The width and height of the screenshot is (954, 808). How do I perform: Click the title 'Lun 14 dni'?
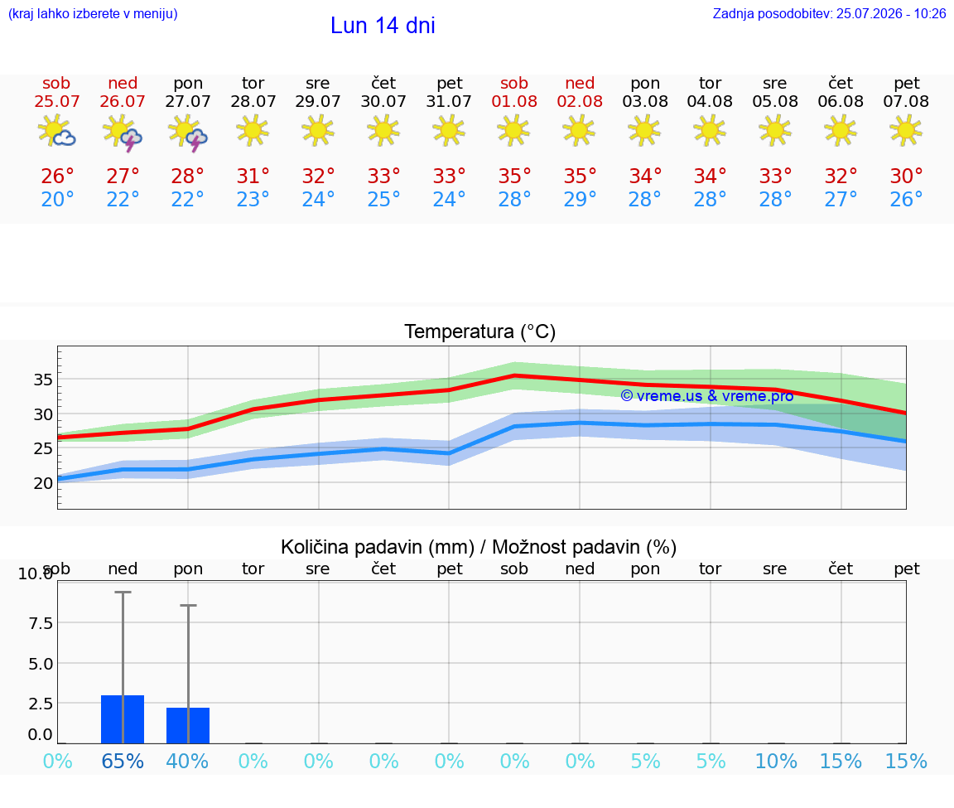coord(383,26)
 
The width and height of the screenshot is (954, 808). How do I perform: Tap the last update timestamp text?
coord(829,13)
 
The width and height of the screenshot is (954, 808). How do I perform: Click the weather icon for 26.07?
coord(123,132)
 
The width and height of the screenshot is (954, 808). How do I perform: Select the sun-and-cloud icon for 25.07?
coord(56,131)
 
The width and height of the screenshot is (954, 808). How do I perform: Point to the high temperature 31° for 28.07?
coord(253,176)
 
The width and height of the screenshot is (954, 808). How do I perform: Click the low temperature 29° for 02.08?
coord(580,199)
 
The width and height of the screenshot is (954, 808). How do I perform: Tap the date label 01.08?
coord(514,101)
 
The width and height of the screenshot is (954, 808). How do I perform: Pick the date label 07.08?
coord(906,101)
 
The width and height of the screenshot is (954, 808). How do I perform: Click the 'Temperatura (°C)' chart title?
coord(480,331)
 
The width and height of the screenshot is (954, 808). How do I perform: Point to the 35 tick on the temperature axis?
coord(43,380)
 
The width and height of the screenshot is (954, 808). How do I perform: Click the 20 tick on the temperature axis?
coord(43,483)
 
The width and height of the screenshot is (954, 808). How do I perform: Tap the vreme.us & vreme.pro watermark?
coord(707,396)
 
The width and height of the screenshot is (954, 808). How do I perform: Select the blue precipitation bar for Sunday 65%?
coord(123,719)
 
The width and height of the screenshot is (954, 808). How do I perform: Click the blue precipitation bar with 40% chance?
coord(188,725)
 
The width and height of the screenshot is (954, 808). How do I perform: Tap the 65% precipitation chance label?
coord(123,761)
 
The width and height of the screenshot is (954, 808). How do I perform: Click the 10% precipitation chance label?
coord(776,761)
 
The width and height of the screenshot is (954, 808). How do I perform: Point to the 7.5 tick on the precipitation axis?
coord(41,623)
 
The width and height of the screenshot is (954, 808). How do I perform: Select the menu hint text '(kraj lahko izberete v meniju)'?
coord(93,13)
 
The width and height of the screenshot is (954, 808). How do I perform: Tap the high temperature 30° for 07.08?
coord(907,176)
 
